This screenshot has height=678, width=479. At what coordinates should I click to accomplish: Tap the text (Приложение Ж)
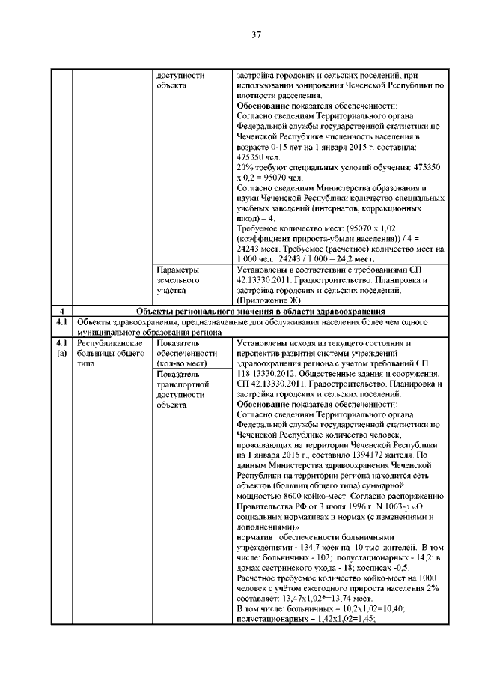coord(271,299)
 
